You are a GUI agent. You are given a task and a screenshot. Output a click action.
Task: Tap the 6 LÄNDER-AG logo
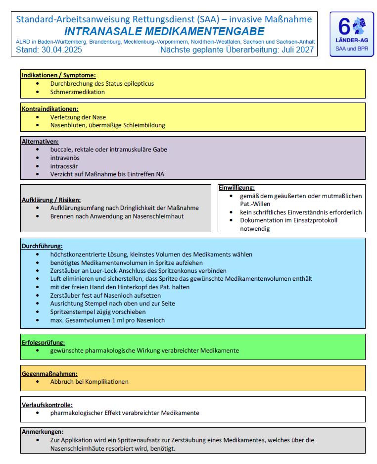352,34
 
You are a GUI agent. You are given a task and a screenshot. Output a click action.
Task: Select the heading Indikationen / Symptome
58,75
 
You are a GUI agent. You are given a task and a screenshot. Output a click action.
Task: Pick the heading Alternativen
40,142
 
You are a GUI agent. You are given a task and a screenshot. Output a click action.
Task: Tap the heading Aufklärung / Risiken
51,200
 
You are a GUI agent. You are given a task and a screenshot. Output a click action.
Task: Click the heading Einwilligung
236,188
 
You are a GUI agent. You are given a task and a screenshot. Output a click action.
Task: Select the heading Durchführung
42,246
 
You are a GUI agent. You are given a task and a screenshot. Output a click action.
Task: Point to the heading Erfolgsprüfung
44,342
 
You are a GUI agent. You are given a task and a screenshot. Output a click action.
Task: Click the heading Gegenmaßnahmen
49,374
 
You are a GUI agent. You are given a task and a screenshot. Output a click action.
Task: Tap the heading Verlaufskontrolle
47,405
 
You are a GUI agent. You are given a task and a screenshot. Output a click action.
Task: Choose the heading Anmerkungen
43,432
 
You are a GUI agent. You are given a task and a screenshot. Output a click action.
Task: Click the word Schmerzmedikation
78,92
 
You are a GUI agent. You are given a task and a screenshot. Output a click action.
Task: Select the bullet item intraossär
64,166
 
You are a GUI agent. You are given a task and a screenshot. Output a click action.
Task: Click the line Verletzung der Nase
78,117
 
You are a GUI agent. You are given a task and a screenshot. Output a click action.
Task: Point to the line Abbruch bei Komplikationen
90,382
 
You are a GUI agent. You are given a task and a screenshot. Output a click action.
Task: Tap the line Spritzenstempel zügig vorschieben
98,312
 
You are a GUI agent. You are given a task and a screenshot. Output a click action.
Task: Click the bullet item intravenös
64,158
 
